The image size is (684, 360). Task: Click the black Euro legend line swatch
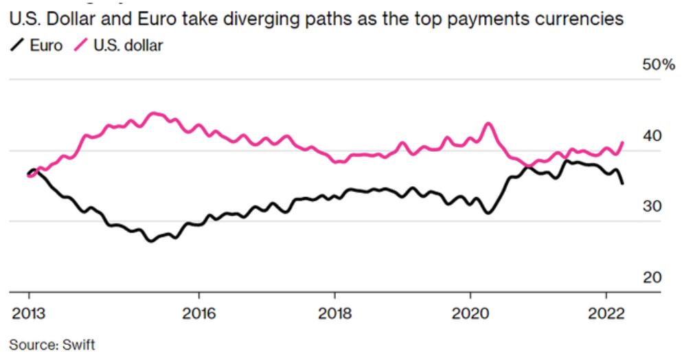tap(16, 45)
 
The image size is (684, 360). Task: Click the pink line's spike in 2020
tap(488, 124)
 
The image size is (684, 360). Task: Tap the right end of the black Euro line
tap(623, 183)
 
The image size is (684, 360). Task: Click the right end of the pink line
tap(623, 142)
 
